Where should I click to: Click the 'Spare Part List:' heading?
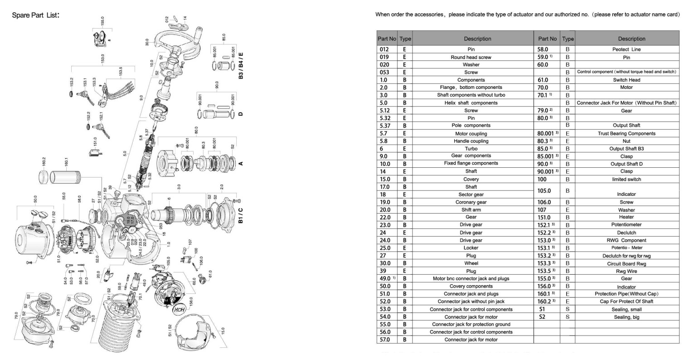click(36, 15)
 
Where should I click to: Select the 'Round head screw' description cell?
click(471, 58)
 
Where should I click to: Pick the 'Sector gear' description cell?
click(471, 195)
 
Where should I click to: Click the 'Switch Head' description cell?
click(627, 80)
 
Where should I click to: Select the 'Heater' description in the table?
click(627, 217)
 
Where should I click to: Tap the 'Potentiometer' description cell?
click(627, 225)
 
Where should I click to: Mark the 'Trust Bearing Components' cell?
click(627, 134)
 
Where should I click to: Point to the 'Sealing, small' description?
click(627, 310)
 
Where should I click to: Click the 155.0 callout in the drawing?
click(102, 21)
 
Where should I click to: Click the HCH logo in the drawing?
click(180, 311)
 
